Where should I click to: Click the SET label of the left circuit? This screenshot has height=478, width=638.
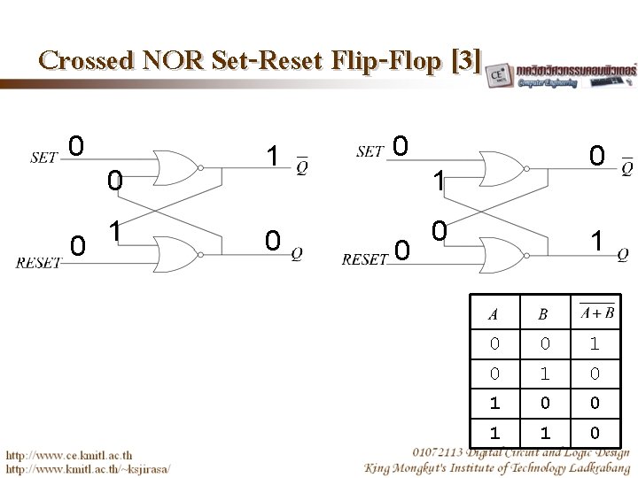tap(43, 158)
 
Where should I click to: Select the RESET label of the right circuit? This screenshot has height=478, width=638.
tap(364, 259)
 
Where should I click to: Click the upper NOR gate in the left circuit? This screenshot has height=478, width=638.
tap(175, 166)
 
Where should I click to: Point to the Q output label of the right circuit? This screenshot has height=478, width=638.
tap(623, 253)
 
